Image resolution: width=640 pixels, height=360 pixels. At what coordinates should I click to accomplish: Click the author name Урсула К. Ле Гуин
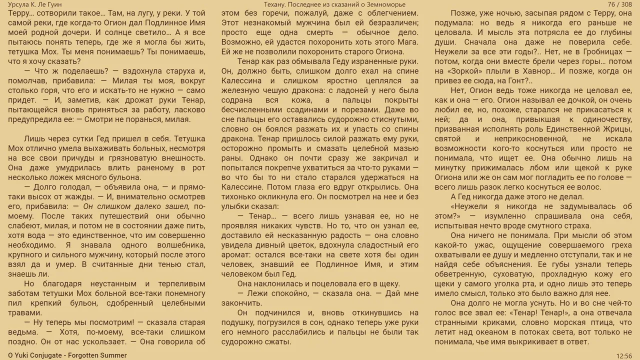point(35,4)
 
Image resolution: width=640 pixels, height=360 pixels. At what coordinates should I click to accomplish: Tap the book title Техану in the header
point(276,4)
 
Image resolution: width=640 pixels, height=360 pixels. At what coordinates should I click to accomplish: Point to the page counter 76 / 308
point(619,4)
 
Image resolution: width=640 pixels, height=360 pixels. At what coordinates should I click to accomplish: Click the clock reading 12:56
point(624,355)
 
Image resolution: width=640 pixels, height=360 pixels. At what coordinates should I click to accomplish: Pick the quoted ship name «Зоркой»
point(470,71)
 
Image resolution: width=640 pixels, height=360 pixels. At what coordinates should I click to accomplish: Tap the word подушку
point(237,322)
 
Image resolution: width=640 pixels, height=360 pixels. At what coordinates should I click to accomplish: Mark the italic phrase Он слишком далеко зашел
point(136,206)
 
